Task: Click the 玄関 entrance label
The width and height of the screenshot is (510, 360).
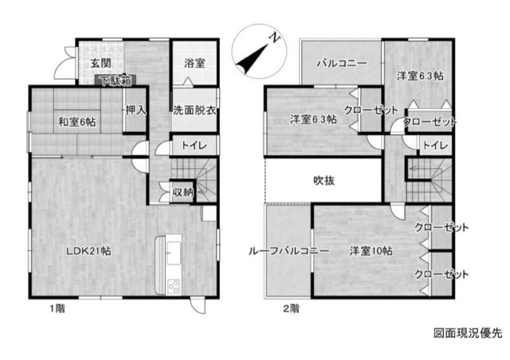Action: [100, 63]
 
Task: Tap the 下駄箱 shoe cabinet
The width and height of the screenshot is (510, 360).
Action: [116, 80]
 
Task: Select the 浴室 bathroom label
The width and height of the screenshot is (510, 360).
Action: [194, 63]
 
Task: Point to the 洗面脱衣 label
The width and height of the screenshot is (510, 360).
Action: [194, 111]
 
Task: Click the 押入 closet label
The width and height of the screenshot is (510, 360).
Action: [135, 111]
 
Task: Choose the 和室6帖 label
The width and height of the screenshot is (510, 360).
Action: [76, 123]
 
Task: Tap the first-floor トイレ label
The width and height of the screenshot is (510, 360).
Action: [194, 145]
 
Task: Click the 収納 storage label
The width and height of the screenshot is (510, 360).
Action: [183, 192]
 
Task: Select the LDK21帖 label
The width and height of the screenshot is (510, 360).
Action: [88, 251]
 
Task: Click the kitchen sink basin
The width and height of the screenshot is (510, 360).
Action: [174, 253]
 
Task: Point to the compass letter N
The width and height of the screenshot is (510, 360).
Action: [276, 38]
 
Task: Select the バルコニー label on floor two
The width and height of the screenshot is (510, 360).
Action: [342, 63]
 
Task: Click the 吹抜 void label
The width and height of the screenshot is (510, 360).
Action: [324, 180]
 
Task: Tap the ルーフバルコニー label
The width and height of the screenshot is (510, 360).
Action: [288, 252]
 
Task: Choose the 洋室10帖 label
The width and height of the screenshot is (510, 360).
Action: [371, 251]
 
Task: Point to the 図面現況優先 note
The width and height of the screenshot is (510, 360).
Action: [468, 333]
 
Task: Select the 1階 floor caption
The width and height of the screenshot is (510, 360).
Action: [57, 308]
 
